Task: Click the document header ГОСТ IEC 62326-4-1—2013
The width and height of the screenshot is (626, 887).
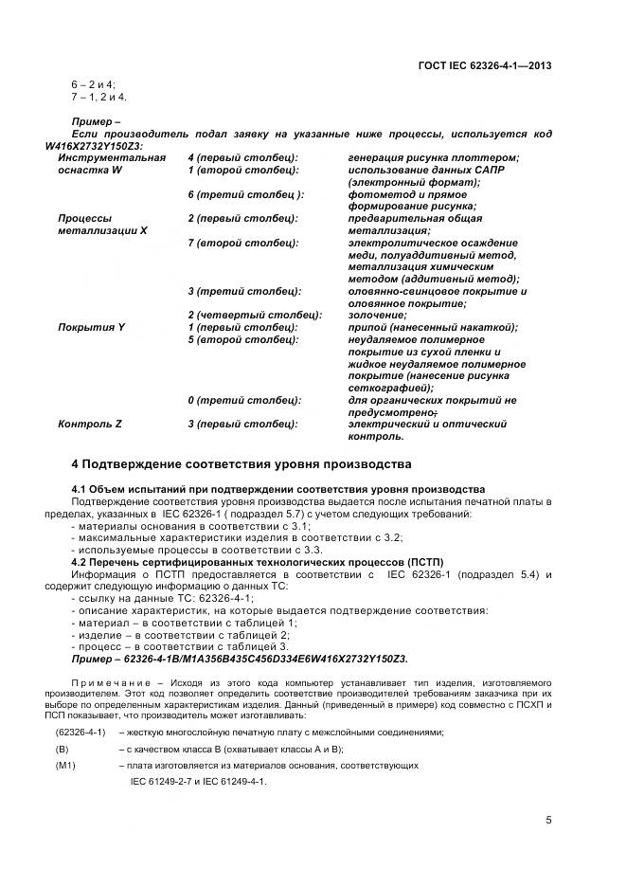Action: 484,65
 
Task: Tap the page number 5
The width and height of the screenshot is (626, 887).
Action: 549,822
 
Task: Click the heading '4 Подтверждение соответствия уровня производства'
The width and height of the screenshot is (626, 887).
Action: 241,464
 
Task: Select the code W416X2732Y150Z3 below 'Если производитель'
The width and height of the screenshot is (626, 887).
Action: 94,146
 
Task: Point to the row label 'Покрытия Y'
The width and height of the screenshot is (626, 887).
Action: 92,327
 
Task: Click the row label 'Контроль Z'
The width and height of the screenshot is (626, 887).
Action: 90,425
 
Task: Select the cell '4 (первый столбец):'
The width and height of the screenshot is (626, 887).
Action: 243,157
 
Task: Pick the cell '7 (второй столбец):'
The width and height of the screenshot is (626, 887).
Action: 243,243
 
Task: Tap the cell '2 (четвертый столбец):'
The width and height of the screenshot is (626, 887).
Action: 255,315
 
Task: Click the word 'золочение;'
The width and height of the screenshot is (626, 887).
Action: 377,315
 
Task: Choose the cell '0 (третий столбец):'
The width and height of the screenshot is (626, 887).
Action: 244,400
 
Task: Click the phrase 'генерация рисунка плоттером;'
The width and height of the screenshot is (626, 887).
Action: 433,157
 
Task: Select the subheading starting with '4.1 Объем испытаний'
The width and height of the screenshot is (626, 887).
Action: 277,488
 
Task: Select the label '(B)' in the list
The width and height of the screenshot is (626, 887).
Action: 63,749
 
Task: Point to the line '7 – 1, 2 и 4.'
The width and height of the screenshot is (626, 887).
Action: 98,98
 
